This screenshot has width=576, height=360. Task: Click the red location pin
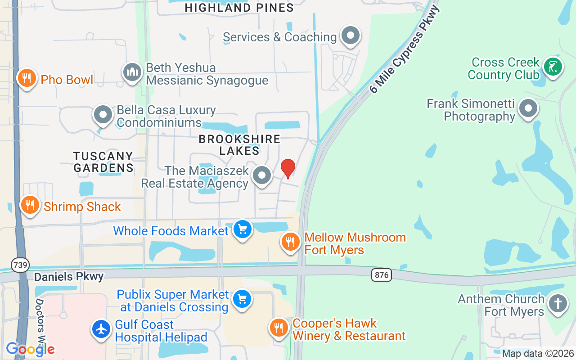click(288, 168)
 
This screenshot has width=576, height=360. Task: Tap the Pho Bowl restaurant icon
click(27, 79)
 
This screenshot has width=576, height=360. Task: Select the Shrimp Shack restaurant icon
click(30, 205)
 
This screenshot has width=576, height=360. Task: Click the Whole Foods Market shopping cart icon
click(243, 230)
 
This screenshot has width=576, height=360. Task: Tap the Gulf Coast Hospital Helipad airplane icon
click(101, 329)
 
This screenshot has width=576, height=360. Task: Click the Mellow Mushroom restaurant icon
click(291, 242)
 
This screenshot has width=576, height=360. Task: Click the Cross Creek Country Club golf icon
click(553, 67)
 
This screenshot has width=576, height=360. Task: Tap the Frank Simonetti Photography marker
click(528, 108)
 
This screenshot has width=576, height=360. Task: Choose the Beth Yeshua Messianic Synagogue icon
click(132, 72)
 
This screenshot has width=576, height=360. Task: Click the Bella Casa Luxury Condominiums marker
click(103, 115)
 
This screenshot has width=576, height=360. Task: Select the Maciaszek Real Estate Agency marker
click(262, 175)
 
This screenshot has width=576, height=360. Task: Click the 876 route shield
click(381, 274)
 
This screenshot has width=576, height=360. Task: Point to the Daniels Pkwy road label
click(69, 276)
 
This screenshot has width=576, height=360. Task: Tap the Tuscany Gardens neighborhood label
click(103, 162)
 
